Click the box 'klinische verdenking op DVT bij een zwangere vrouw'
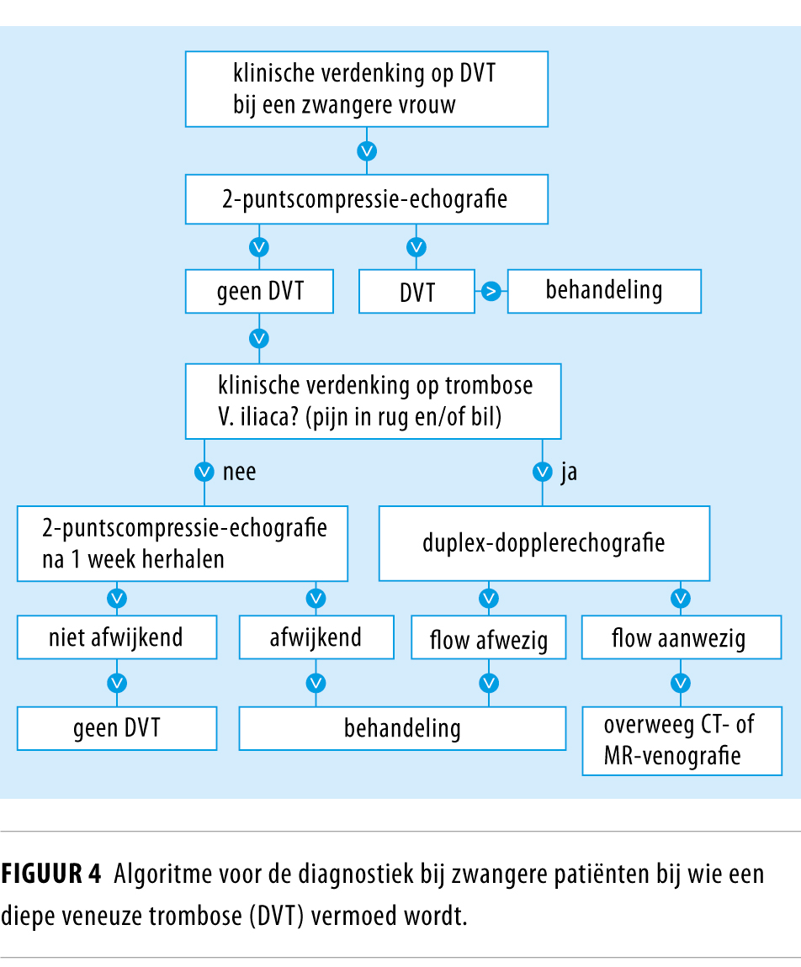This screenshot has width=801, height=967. pyautogui.click(x=366, y=89)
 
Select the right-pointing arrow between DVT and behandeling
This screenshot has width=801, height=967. pyautogui.click(x=491, y=291)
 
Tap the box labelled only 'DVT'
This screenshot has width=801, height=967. pyautogui.click(x=417, y=291)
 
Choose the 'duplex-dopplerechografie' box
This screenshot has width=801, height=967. pyautogui.click(x=544, y=543)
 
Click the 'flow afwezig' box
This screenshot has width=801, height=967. pyautogui.click(x=488, y=640)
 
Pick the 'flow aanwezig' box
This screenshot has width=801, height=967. pyautogui.click(x=678, y=640)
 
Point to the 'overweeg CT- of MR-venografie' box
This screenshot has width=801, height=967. pyautogui.click(x=681, y=740)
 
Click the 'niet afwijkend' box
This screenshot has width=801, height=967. pyautogui.click(x=117, y=637)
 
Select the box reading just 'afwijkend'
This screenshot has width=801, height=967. pyautogui.click(x=316, y=637)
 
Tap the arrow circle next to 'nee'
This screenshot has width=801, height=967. pyautogui.click(x=203, y=472)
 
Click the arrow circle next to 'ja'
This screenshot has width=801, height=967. pyautogui.click(x=543, y=472)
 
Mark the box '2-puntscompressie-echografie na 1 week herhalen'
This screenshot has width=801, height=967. pyautogui.click(x=183, y=543)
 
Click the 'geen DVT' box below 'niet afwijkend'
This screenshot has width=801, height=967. pyautogui.click(x=117, y=728)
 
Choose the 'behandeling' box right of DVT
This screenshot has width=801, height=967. pyautogui.click(x=603, y=291)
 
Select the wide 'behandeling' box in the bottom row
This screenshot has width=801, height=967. pyautogui.click(x=402, y=728)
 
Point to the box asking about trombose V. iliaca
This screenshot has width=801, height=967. pyautogui.click(x=374, y=400)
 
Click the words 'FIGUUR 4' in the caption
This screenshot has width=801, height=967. pyautogui.click(x=50, y=875)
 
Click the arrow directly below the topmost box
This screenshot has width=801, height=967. pyautogui.click(x=367, y=151)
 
